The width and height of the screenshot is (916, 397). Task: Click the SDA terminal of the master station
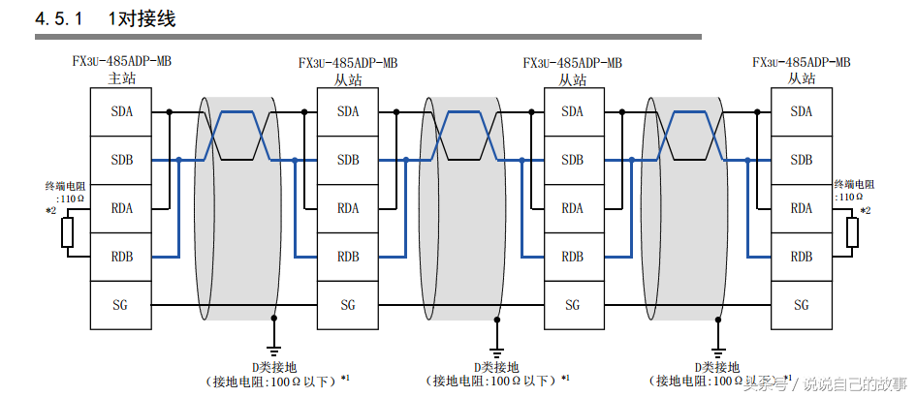click(x=122, y=111)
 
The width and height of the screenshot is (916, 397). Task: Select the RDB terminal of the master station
click(x=122, y=257)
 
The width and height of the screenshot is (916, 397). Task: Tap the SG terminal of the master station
click(x=122, y=305)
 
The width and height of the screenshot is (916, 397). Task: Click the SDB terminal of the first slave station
click(x=348, y=160)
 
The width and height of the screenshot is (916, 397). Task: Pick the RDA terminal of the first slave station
click(x=348, y=208)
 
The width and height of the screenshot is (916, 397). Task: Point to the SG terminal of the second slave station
click(x=572, y=305)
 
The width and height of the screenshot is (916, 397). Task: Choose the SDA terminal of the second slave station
click(x=572, y=111)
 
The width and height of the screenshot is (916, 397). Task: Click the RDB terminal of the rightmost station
click(x=802, y=257)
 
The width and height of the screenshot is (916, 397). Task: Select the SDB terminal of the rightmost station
click(x=802, y=160)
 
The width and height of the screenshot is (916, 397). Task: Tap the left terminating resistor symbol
click(x=68, y=232)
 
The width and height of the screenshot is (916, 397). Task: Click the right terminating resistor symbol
click(x=852, y=232)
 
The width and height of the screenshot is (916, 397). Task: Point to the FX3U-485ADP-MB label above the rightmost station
click(x=801, y=61)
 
